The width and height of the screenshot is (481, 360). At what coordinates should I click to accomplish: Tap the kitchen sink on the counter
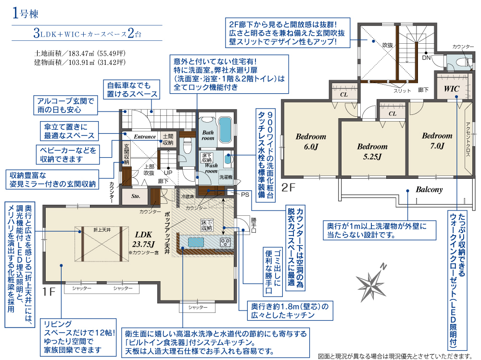coord(196,242)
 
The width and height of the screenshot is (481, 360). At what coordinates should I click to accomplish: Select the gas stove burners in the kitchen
coord(226,242)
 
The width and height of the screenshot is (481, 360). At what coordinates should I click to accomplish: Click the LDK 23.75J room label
coord(143,239)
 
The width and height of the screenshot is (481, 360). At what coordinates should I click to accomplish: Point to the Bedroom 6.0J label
coord(311,141)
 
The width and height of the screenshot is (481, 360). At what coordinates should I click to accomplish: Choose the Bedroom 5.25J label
coord(372,151)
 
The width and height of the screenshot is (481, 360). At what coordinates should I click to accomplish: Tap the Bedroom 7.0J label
coord(437,141)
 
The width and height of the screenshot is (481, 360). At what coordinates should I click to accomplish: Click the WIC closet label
coord(452,89)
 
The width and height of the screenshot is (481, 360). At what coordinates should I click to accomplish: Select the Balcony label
coord(429,189)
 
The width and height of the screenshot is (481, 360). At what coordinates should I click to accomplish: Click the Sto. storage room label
coord(135,196)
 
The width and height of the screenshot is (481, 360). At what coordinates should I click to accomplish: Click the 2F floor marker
coord(288,187)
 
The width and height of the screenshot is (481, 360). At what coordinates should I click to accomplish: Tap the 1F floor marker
coord(49,291)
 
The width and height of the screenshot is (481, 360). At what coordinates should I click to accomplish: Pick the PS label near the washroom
coord(245,194)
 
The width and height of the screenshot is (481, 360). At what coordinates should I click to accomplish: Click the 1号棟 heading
coord(25,13)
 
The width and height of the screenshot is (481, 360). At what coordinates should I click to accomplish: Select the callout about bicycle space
coord(132,89)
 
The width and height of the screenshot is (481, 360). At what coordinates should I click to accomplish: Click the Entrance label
coord(145,137)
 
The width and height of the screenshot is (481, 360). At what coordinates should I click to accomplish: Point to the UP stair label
coord(168,173)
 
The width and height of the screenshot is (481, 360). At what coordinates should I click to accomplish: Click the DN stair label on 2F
coord(426,57)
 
